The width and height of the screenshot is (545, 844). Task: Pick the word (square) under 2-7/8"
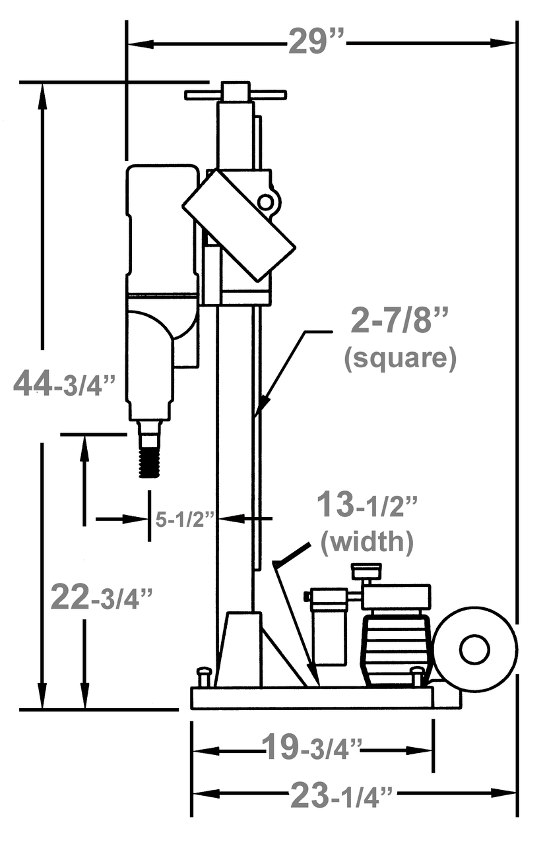click(x=400, y=358)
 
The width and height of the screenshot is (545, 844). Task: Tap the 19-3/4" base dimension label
click(x=313, y=749)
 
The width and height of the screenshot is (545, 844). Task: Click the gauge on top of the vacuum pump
click(x=367, y=571)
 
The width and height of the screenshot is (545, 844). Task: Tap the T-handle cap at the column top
click(x=235, y=93)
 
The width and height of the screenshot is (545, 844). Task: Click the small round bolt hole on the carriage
click(x=265, y=202)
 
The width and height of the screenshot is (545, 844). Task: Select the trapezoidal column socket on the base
click(x=238, y=649)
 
